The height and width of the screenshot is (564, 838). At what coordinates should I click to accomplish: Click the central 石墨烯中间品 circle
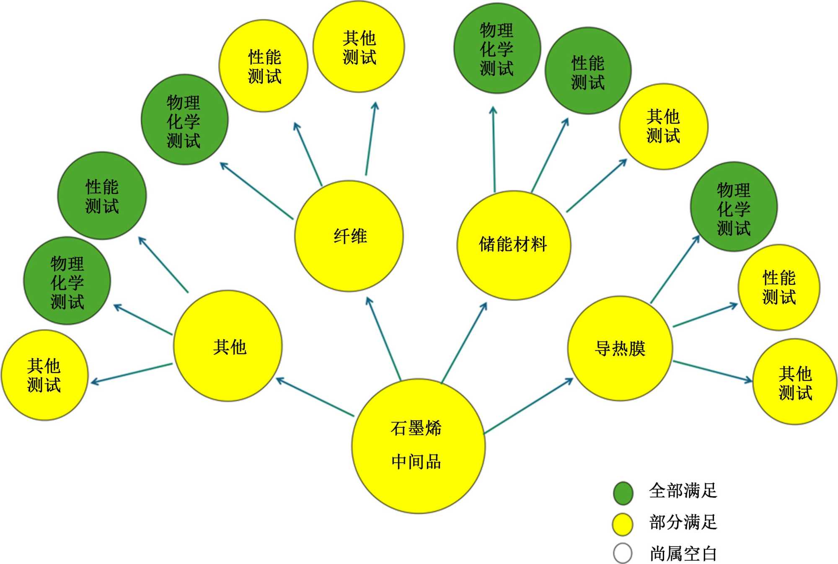pyautogui.click(x=418, y=445)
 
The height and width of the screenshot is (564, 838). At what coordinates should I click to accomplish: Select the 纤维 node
pyautogui.click(x=349, y=236)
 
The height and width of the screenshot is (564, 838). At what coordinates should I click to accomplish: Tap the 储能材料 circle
pyautogui.click(x=514, y=245)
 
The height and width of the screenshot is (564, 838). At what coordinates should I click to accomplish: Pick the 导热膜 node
pyautogui.click(x=620, y=348)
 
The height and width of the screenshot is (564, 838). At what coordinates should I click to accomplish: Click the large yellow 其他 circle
pyautogui.click(x=228, y=346)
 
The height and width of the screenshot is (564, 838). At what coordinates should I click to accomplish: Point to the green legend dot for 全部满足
pyautogui.click(x=623, y=492)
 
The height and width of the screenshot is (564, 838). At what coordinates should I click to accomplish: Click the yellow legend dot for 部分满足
pyautogui.click(x=623, y=524)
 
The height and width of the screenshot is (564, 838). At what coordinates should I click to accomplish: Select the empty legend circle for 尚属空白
pyautogui.click(x=623, y=554)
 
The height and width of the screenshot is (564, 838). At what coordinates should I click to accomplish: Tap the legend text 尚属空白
pyautogui.click(x=683, y=554)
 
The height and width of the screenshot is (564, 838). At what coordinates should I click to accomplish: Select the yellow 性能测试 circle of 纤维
pyautogui.click(x=264, y=66)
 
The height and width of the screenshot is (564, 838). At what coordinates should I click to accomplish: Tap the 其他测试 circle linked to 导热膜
pyautogui.click(x=795, y=382)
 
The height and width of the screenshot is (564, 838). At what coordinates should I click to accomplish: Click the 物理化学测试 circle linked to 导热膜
pyautogui.click(x=734, y=207)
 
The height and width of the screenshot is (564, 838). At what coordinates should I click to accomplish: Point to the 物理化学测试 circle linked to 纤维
pyautogui.click(x=184, y=120)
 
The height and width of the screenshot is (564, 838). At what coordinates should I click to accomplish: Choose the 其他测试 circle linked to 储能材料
pyautogui.click(x=663, y=126)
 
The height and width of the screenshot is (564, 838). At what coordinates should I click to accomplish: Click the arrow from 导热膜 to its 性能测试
pyautogui.click(x=705, y=315)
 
